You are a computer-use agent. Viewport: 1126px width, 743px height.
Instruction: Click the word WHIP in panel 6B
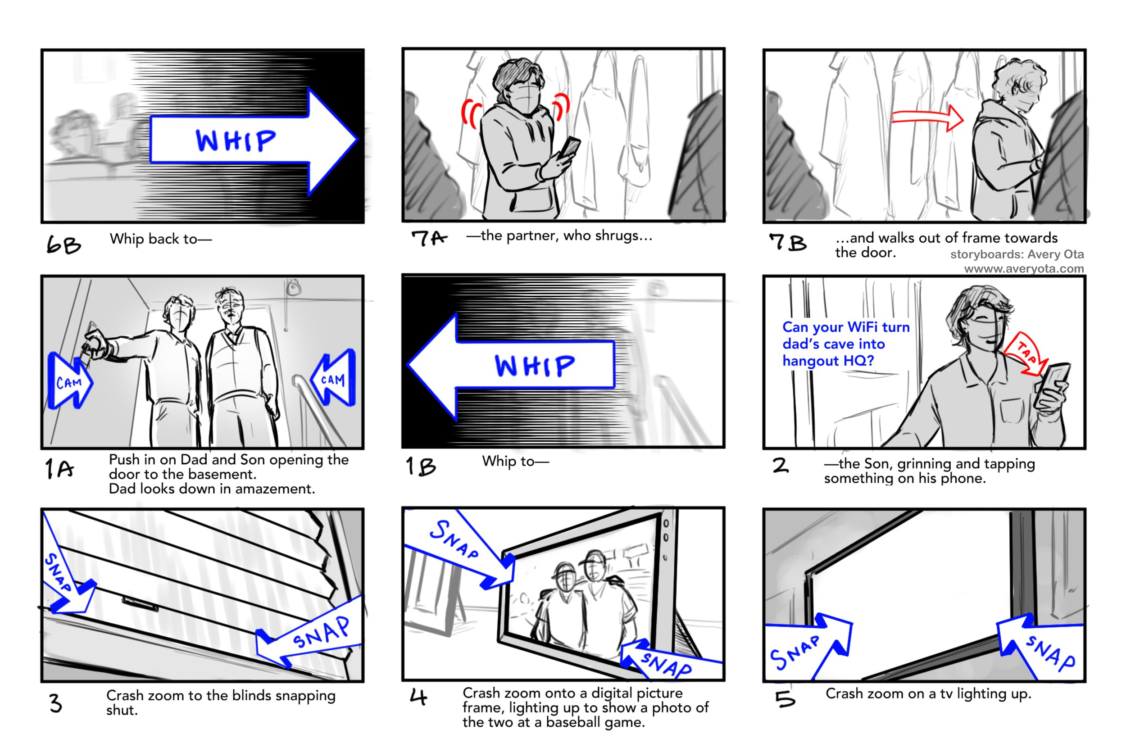tap(236, 140)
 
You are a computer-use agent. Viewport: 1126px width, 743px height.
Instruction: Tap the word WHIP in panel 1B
tap(535, 366)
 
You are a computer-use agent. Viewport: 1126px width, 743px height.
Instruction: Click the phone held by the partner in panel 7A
tap(569, 147)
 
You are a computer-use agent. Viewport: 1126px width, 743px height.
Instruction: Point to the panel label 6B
tap(64, 245)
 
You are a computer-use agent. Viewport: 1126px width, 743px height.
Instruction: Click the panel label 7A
tap(428, 238)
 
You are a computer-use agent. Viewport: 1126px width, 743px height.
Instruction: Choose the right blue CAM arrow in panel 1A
tap(333, 378)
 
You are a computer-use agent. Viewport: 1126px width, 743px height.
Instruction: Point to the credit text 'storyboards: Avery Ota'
tap(1017, 254)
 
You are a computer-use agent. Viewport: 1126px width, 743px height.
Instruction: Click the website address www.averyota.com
tap(1024, 269)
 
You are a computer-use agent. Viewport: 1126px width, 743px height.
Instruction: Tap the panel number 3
tap(55, 703)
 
